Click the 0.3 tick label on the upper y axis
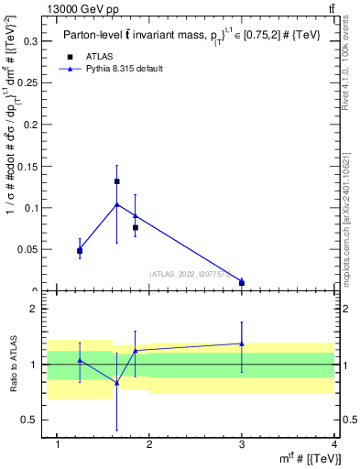click(x=31, y=41)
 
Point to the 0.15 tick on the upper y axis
click(x=29, y=166)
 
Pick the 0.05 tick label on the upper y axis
click(x=29, y=249)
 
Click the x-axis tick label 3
click(x=242, y=444)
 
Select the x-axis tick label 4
click(x=333, y=444)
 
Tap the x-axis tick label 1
click(x=59, y=444)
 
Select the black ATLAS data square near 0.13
click(x=117, y=181)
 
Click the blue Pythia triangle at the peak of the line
click(x=117, y=204)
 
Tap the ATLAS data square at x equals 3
click(x=242, y=282)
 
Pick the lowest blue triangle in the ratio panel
click(x=117, y=383)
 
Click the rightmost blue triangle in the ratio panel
click(x=242, y=344)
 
